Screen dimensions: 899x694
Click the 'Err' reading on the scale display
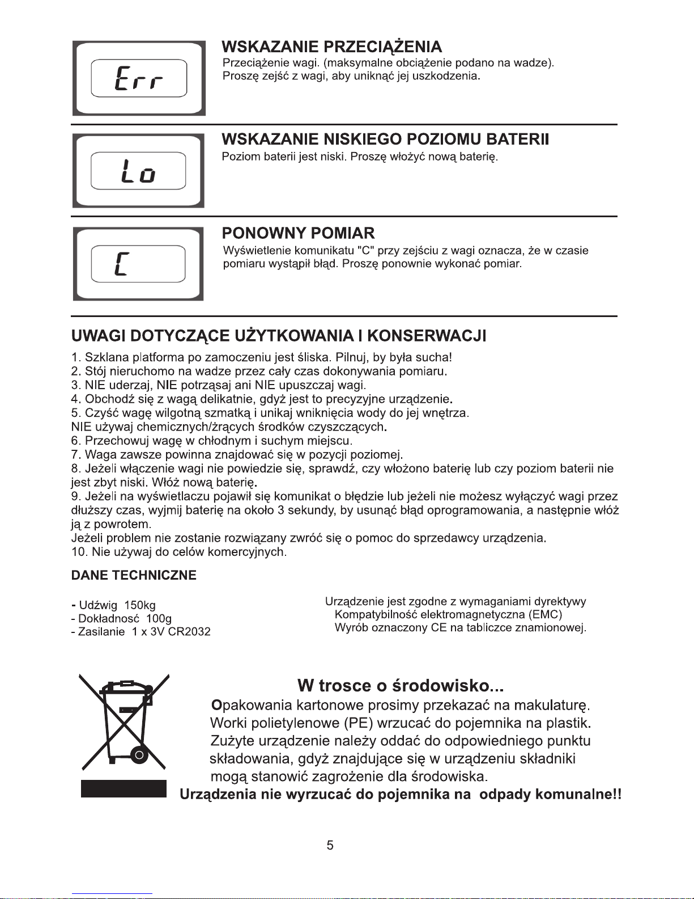tap(139, 78)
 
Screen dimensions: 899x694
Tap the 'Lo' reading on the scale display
tap(139, 171)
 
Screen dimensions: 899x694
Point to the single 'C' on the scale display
tap(121, 264)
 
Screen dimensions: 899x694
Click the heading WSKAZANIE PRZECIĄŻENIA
tap(331, 47)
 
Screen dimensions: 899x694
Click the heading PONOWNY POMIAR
tap(298, 233)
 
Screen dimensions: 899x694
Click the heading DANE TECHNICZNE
tap(134, 576)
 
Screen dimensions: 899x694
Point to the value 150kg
tap(139, 605)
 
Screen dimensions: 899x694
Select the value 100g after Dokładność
tap(159, 618)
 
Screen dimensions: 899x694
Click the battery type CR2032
tap(189, 632)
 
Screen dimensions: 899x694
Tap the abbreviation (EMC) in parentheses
tap(545, 615)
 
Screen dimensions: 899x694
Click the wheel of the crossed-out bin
tap(138, 754)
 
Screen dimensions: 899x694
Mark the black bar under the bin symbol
tap(124, 789)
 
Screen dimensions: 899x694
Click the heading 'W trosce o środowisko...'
tap(401, 686)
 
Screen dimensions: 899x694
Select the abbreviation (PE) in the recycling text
tap(359, 724)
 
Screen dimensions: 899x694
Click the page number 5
tap(330, 846)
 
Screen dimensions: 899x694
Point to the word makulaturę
tap(552, 706)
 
